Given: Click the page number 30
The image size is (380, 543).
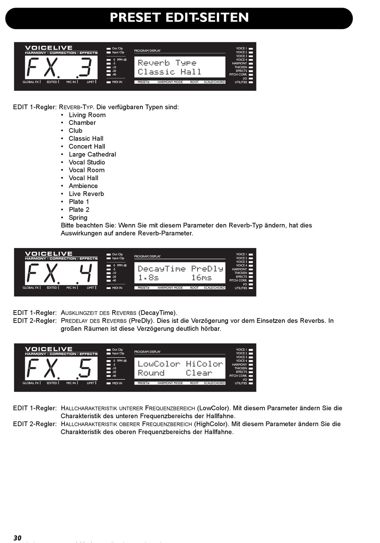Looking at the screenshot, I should pos(17,538).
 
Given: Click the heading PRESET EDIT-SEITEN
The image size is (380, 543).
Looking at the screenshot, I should pos(179,18).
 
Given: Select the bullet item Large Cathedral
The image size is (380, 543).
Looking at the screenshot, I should pos(92,154).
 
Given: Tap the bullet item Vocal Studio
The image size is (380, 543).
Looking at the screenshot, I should pos(87,162).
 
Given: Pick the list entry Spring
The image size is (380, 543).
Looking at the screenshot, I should pos(78,218).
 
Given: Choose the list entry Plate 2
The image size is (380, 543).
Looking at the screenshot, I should pos(79,210).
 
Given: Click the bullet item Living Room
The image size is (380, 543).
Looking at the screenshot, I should pos(87,115).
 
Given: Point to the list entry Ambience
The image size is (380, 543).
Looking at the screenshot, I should pos(83,186).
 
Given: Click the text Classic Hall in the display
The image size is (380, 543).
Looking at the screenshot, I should pos(169,72).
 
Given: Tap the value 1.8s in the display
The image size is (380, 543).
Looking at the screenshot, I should pos(148,278).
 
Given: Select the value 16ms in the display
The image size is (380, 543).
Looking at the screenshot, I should pos(202,278).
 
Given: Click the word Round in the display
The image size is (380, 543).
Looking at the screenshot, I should pos(151,373).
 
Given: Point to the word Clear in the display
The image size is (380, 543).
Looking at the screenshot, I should pos(199,373).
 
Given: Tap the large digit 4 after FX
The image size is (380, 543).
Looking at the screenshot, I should pos(86,273).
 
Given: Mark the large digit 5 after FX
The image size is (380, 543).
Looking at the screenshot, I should pos(85,368).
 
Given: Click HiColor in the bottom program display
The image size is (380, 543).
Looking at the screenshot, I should pos(204,364).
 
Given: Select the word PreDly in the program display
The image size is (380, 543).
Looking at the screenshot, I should pos(207,269).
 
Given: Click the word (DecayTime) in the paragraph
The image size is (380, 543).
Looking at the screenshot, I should pos(158,313).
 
